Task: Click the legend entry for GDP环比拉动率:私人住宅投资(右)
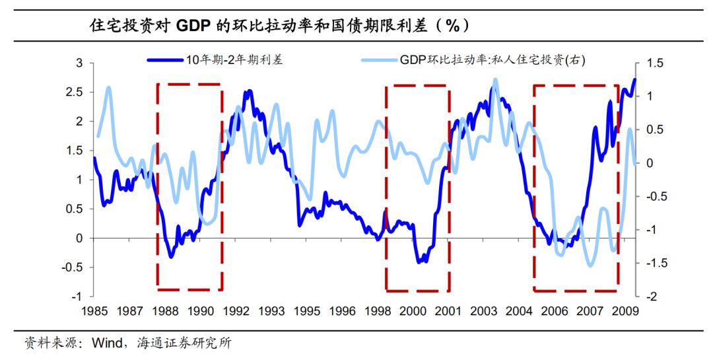point(492,60)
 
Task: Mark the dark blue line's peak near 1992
point(250,90)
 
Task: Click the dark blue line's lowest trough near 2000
point(420,262)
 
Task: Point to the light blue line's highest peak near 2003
point(495,79)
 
